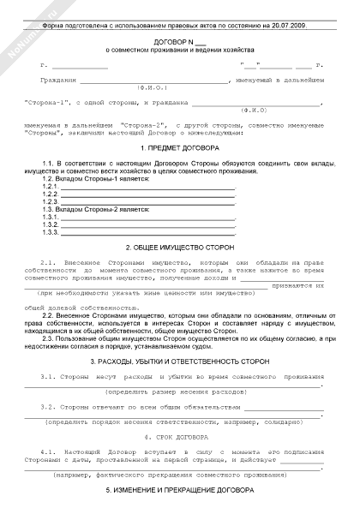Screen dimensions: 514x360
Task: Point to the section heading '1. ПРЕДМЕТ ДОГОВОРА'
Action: [180, 147]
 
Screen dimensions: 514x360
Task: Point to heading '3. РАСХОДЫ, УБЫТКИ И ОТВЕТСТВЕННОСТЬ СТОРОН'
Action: [180, 362]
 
